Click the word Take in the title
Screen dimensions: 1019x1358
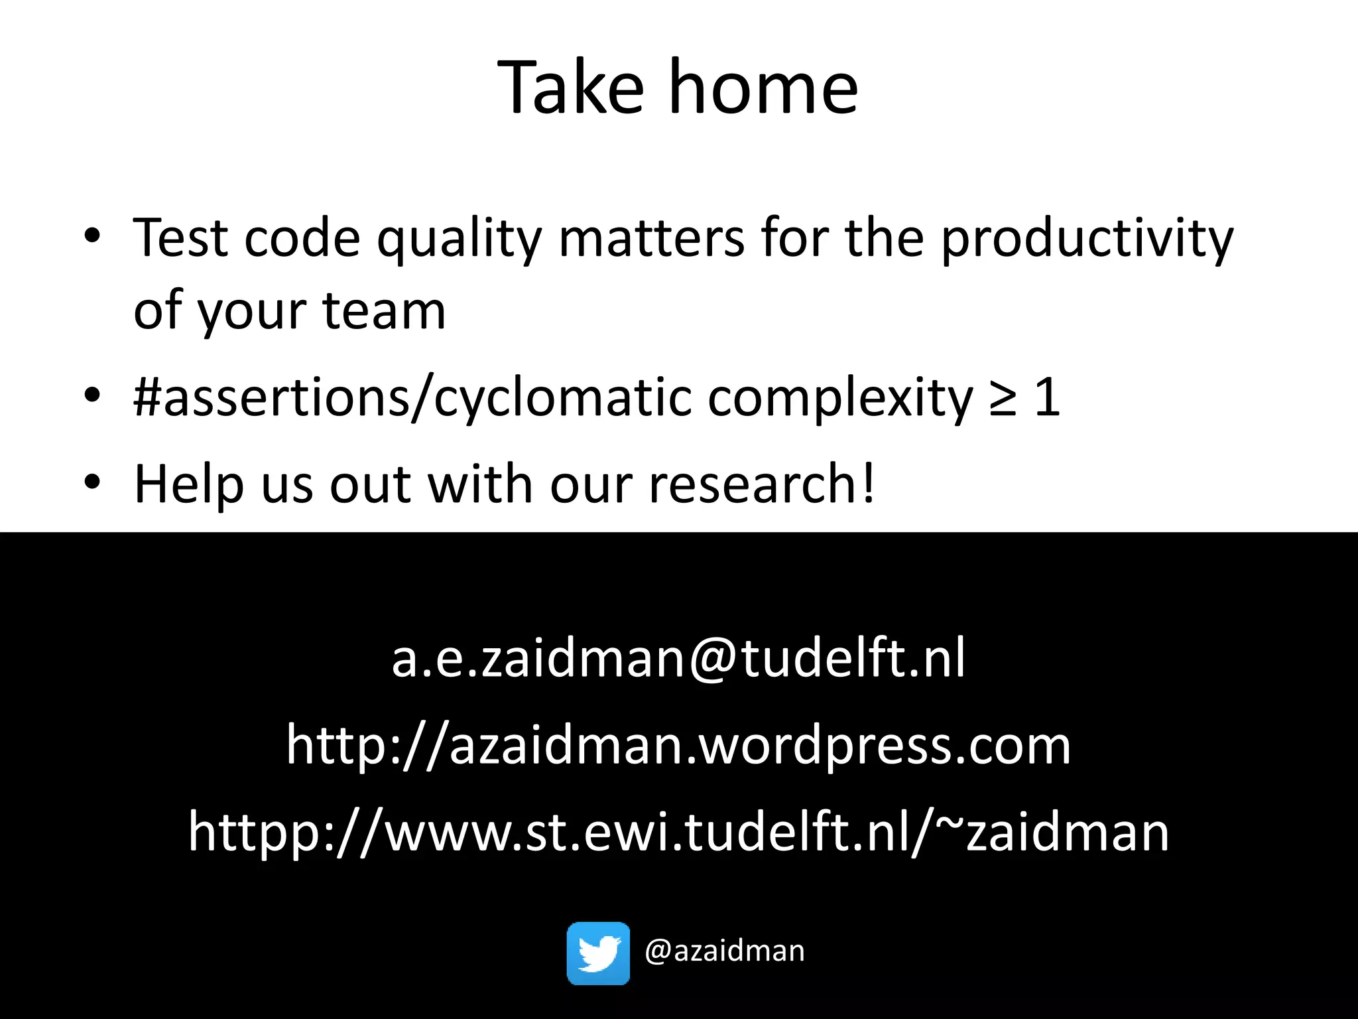coord(570,88)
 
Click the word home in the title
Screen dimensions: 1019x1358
coord(763,88)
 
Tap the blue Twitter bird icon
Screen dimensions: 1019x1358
coord(598,953)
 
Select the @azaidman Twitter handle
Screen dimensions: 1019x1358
coord(724,951)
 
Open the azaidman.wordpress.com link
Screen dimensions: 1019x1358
coord(678,746)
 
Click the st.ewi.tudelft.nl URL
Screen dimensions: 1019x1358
coord(678,833)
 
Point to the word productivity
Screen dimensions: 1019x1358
coord(1087,239)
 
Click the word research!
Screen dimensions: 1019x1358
coord(762,484)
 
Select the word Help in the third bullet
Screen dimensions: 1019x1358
coord(190,484)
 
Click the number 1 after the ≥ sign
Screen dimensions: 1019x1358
coord(1048,398)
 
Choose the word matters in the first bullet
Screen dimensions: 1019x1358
coord(652,239)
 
